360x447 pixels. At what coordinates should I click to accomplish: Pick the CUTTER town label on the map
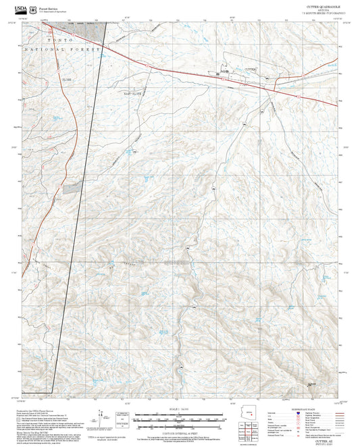250,69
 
